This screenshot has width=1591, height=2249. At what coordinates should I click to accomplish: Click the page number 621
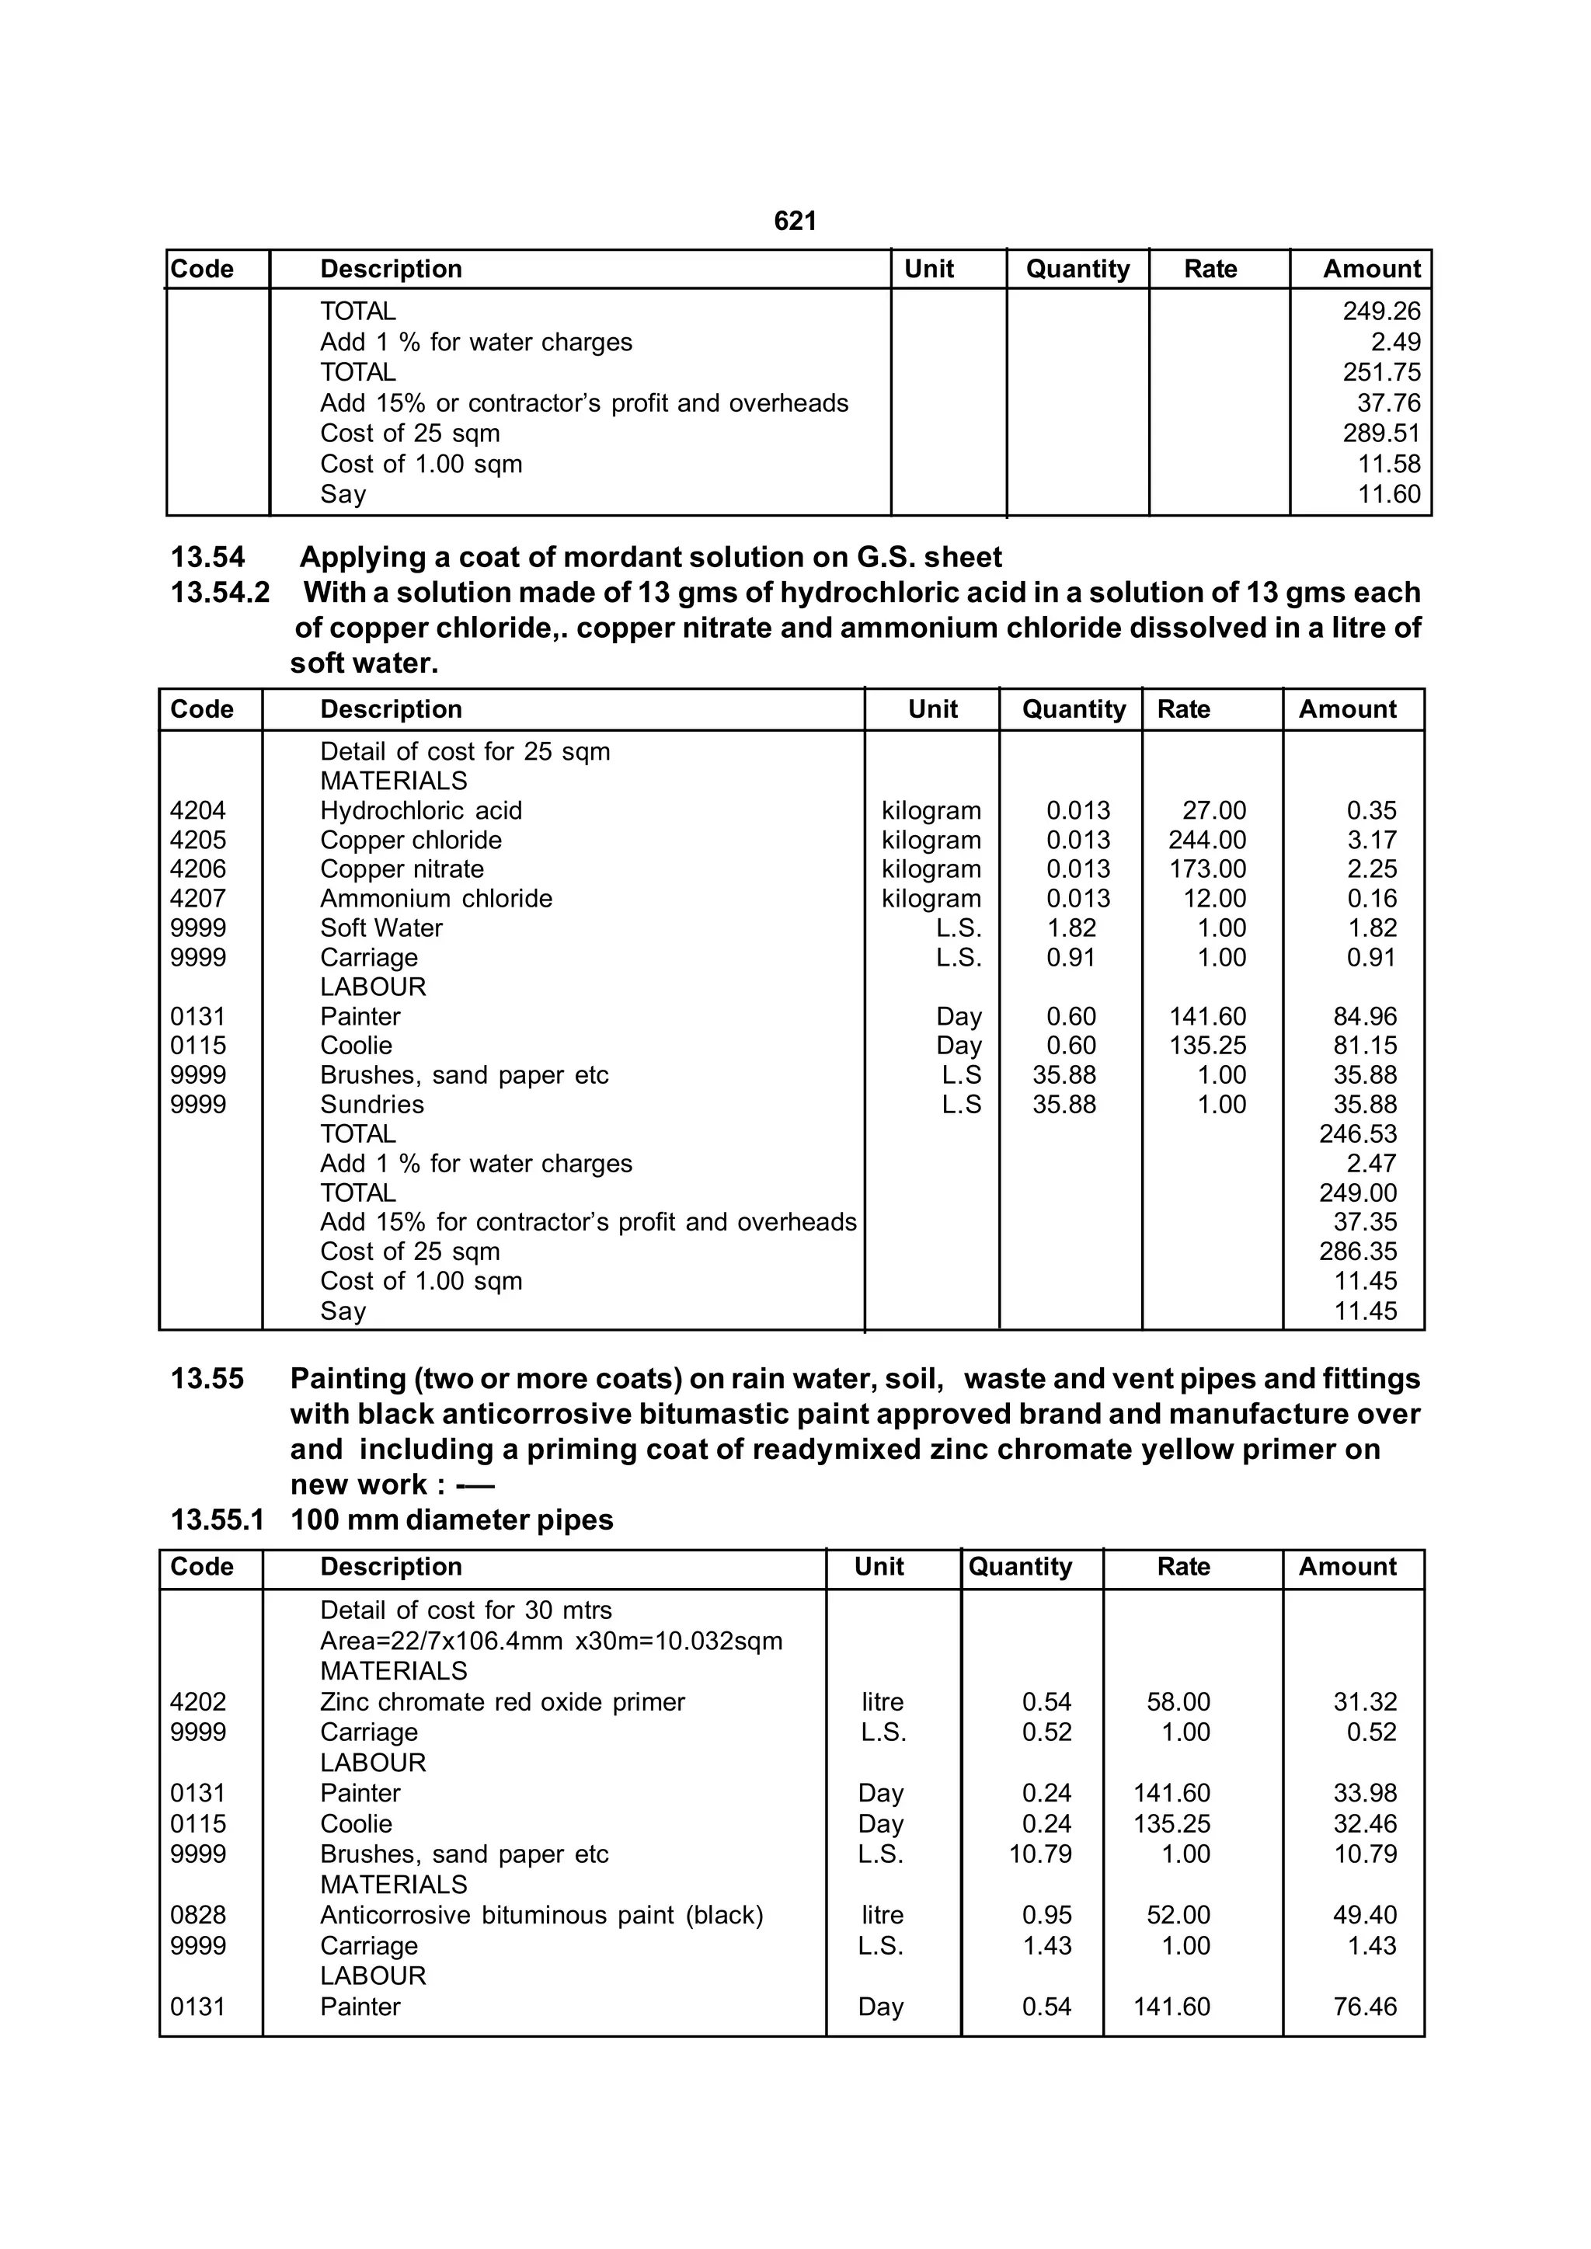(795, 221)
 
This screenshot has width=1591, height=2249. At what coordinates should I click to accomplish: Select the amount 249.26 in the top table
(1380, 312)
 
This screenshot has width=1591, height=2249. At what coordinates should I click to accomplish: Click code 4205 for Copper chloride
(198, 841)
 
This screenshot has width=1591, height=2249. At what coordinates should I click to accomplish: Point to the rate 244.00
(1207, 841)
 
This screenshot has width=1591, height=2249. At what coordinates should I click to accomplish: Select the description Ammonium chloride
(436, 899)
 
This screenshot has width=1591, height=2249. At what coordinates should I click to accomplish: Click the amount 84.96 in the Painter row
(1365, 1017)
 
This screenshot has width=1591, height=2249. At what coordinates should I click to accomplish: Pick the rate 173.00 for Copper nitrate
(1207, 870)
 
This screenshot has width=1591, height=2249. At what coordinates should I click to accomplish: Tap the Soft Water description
(381, 928)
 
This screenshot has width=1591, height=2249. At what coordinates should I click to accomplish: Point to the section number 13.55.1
(218, 1520)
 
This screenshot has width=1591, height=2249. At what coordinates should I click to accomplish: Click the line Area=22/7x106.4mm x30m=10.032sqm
(551, 1641)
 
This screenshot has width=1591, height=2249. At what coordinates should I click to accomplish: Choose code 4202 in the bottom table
(198, 1702)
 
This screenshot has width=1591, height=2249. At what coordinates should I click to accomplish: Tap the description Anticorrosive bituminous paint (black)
(541, 1915)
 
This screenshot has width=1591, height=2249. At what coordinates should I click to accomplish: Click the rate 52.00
(1178, 1915)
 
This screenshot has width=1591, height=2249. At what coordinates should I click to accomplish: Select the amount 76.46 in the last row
(1365, 2007)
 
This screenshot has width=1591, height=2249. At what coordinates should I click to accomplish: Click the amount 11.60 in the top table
(1388, 495)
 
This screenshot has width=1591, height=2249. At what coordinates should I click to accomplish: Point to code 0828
(198, 1915)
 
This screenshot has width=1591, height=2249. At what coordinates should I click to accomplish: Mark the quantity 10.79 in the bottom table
(1040, 1854)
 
